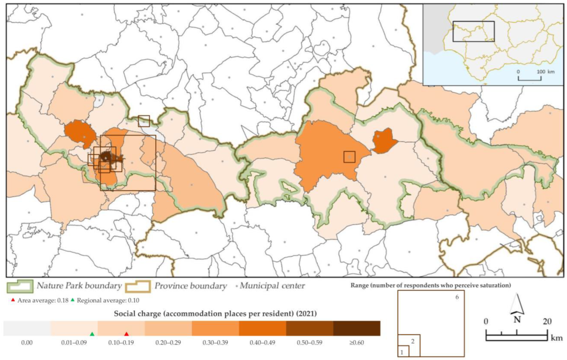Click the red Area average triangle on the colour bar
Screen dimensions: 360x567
click(126, 334)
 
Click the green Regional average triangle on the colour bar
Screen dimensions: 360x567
click(92, 334)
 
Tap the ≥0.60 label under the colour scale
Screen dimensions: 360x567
click(357, 343)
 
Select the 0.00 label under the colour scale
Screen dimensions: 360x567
click(27, 343)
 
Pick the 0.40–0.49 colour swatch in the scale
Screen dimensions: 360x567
click(262, 328)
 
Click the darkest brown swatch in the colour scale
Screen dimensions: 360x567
click(357, 328)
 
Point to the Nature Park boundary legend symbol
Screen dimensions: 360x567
click(20, 286)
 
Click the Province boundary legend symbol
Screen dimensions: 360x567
click(138, 286)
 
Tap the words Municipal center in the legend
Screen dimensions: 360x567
click(272, 286)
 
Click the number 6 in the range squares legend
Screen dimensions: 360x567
click(457, 297)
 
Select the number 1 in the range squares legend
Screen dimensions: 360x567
click(402, 352)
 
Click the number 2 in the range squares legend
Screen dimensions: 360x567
click(413, 341)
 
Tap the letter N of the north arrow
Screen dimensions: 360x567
click(517, 319)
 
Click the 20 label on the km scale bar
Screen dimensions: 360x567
click(547, 321)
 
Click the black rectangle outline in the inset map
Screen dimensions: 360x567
click(474, 22)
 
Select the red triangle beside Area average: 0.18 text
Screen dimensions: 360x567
click(13, 300)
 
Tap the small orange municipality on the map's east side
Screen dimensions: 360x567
click(383, 141)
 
